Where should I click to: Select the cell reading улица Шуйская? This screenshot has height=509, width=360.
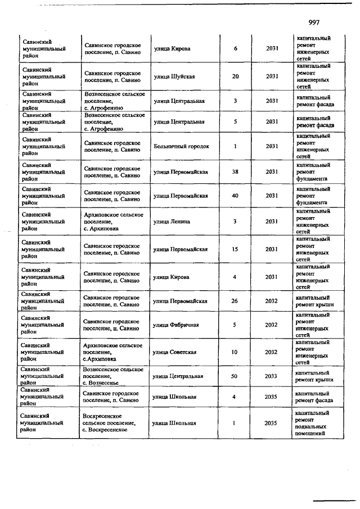[x=174, y=76]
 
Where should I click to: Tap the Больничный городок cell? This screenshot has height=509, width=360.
[x=181, y=146]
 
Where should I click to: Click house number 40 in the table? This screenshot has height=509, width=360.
[x=235, y=196]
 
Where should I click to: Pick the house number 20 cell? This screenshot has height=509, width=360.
[x=235, y=76]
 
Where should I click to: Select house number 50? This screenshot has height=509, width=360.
[x=235, y=376]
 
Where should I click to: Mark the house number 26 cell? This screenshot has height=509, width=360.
[x=235, y=301]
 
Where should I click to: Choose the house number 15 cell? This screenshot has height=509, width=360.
[x=235, y=249]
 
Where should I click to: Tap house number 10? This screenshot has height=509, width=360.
[x=235, y=352]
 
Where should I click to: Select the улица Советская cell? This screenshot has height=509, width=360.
[x=175, y=352]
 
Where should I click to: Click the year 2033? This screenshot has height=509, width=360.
[x=272, y=376]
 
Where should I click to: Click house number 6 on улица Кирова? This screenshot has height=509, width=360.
[x=235, y=48]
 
